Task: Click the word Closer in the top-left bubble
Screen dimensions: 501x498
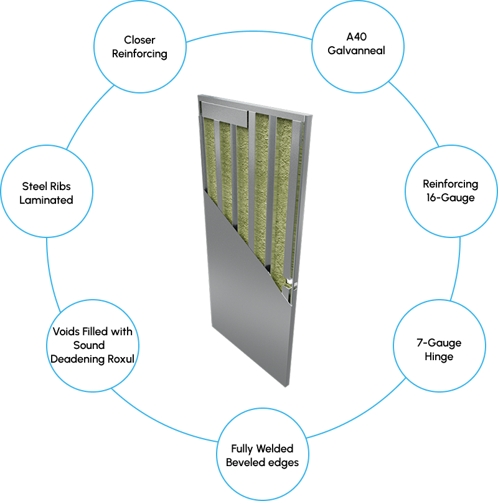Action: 139,41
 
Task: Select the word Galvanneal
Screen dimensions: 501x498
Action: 356,50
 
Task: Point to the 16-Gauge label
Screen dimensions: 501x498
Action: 441,198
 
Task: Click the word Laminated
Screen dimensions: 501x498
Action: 46,200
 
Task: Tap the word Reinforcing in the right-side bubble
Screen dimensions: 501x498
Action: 441,184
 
